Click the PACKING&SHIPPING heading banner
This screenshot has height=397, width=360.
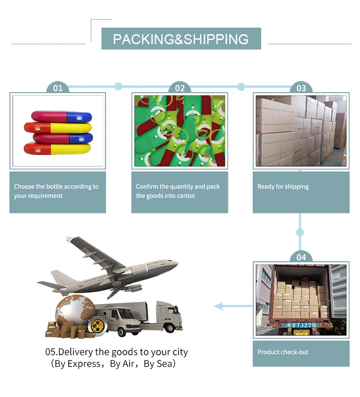coord(181,39)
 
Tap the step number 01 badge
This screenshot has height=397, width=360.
coord(58,88)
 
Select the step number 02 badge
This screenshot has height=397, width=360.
coord(180,88)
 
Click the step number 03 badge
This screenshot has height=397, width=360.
coord(301,88)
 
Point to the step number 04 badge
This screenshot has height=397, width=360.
coord(301,257)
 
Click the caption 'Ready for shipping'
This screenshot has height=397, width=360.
coord(283,186)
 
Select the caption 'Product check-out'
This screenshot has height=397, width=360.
coord(283,352)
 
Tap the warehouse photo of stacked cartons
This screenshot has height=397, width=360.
coord(301,131)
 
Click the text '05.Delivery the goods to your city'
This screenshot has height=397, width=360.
coord(117,352)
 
